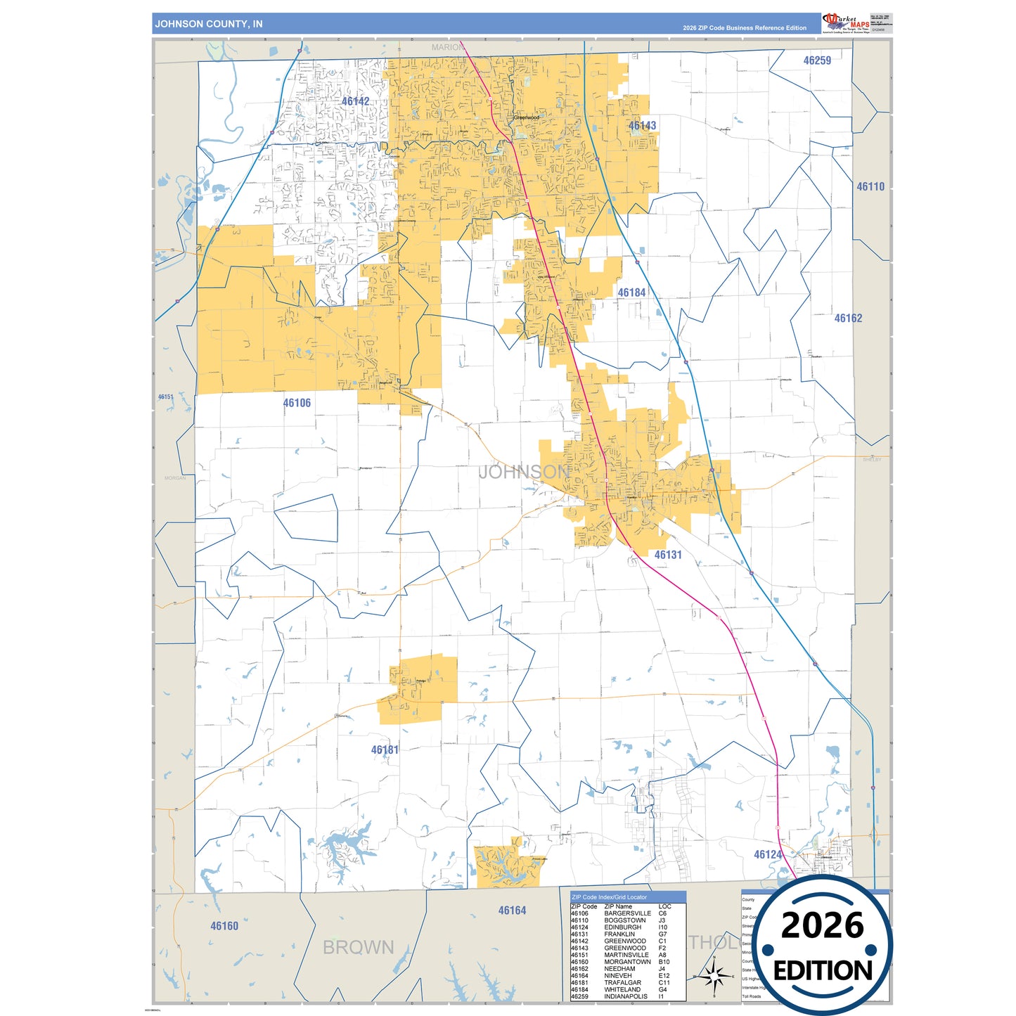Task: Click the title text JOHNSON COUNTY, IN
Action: pos(209,24)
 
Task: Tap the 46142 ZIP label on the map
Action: pos(355,101)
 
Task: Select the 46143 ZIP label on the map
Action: pos(642,126)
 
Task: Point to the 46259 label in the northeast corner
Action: pos(817,60)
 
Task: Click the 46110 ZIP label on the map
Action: pos(870,187)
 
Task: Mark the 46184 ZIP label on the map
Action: pos(631,292)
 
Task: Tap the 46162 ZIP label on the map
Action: pos(848,319)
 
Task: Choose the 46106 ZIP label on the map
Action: pos(297,403)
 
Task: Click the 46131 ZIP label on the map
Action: pos(668,555)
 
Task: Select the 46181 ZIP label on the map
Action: pos(385,750)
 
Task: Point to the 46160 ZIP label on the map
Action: pos(224,926)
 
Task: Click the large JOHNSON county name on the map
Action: pos(524,472)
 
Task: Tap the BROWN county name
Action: pos(358,948)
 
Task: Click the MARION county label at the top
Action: pos(447,47)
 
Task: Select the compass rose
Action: pos(714,976)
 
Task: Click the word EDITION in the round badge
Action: pos(822,971)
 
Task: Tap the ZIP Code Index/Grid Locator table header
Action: pos(609,897)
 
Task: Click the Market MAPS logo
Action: pos(846,23)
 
